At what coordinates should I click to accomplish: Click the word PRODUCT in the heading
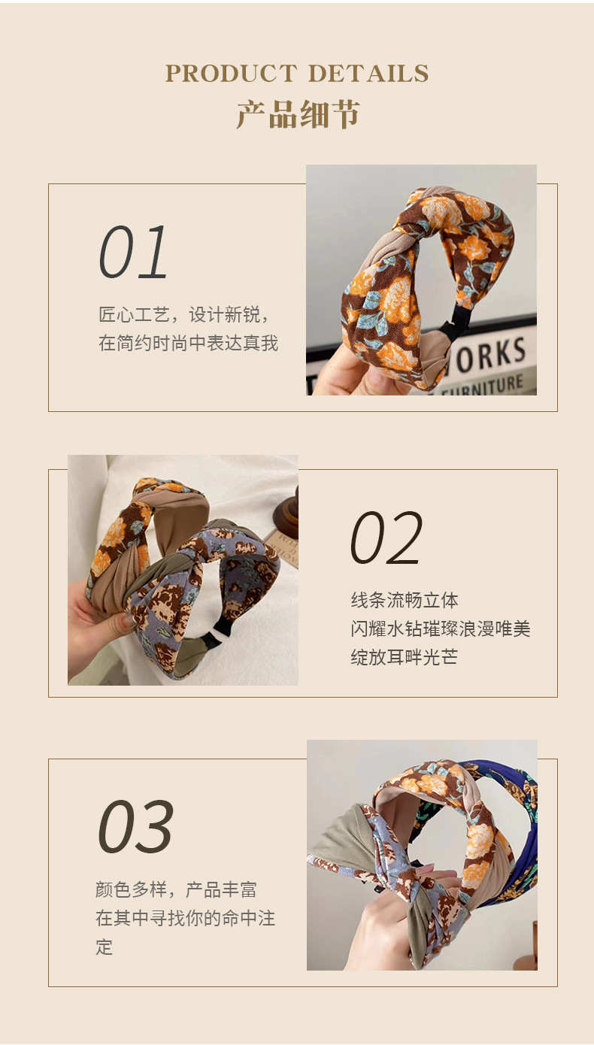[232, 73]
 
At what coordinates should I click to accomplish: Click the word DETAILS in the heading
[368, 73]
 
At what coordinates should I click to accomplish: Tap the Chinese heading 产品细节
[298, 114]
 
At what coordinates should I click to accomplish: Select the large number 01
[133, 253]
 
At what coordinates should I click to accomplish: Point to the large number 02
[386, 538]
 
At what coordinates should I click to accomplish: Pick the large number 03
[135, 826]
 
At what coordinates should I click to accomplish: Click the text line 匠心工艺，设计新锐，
[184, 315]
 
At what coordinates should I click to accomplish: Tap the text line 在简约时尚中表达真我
[189, 344]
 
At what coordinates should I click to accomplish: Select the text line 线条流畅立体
[405, 600]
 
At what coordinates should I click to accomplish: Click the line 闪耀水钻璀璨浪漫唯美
[441, 629]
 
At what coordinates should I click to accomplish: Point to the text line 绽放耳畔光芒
[404, 657]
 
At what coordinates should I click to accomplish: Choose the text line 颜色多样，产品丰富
[177, 889]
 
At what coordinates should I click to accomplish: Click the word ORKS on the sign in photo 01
[490, 356]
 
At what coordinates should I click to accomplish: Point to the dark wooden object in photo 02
[286, 513]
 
